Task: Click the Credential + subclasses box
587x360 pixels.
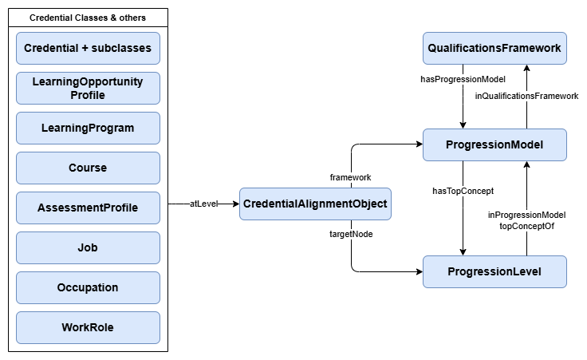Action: point(88,48)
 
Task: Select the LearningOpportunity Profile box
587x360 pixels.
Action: point(88,88)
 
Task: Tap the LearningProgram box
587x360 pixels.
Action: point(88,128)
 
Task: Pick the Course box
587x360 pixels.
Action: point(88,168)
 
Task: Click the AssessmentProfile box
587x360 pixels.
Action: point(88,208)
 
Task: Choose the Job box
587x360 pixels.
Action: point(88,247)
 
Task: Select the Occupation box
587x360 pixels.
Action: point(88,287)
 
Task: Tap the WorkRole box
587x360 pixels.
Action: point(88,327)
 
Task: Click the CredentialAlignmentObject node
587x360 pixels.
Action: point(315,204)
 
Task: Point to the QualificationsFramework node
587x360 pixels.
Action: point(494,48)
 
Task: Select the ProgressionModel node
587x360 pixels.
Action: point(494,144)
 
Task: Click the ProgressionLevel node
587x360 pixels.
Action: point(494,271)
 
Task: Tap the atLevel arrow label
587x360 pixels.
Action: point(203,204)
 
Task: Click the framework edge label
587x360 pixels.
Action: point(351,176)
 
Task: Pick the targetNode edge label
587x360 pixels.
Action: point(351,234)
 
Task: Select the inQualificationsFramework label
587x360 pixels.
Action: point(526,96)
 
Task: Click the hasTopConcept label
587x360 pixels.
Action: point(463,191)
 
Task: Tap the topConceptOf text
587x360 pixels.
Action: point(526,226)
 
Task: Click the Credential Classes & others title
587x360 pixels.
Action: point(88,18)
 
